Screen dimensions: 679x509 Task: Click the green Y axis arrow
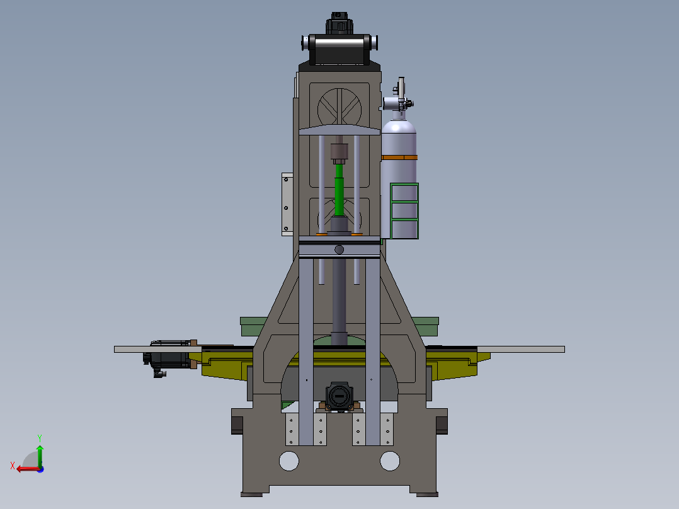40,455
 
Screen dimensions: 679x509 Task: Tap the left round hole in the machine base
289,461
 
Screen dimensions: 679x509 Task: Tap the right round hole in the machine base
390,461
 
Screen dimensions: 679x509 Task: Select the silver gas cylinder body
399,178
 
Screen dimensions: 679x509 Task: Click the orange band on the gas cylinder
399,157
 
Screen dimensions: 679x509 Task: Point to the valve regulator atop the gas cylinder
398,99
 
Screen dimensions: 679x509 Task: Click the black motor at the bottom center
339,396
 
